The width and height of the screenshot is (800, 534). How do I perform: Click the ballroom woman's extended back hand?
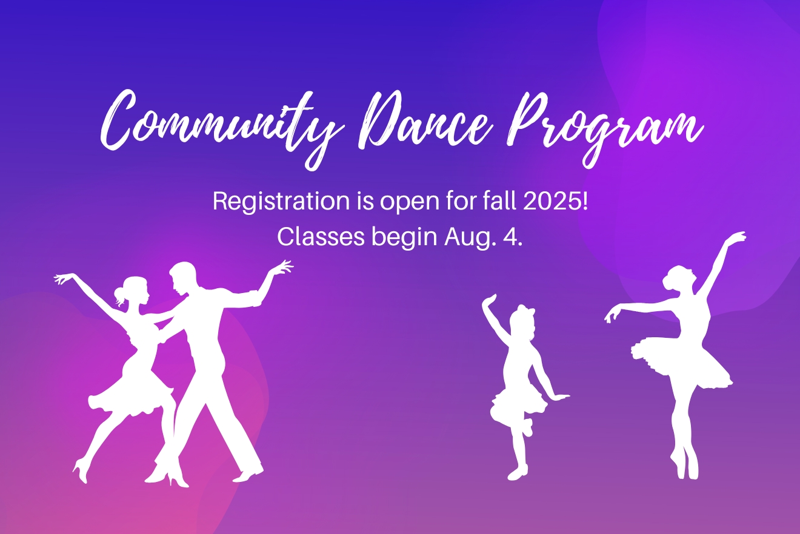63,278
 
